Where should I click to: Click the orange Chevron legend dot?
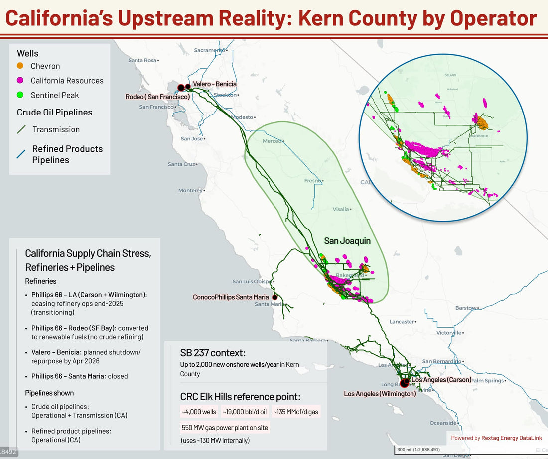point(20,66)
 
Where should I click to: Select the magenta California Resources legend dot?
point(20,80)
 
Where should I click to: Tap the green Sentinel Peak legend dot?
point(20,95)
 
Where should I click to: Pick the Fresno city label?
point(313,180)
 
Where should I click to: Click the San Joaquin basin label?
point(347,241)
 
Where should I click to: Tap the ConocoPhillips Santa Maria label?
point(231,297)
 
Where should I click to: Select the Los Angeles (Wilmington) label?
point(380,394)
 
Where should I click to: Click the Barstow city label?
point(466,308)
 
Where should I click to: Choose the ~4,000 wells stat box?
point(199,412)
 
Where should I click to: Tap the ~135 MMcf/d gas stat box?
point(295,412)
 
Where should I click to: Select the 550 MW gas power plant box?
point(225,427)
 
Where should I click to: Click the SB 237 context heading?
point(213,353)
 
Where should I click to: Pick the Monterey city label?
point(190,190)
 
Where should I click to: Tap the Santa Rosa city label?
point(142,60)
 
